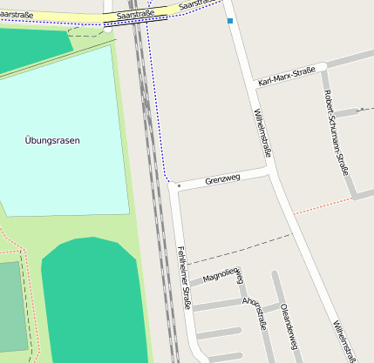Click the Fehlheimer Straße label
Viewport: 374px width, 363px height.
(x=184, y=279)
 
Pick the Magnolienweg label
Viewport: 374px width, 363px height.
(x=221, y=277)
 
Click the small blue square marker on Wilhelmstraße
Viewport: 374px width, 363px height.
(x=230, y=20)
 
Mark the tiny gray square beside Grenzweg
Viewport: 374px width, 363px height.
(x=179, y=185)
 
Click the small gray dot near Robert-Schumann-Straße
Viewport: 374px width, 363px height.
(x=361, y=110)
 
